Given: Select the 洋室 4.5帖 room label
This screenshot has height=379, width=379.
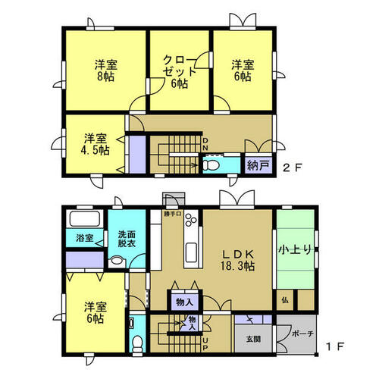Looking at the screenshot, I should click(96, 144).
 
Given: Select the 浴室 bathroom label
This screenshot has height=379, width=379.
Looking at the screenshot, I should click(84, 238).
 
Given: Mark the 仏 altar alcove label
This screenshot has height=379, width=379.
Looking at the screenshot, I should click(285, 301).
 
